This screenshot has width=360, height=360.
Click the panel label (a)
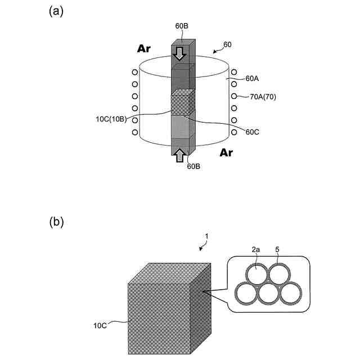56,11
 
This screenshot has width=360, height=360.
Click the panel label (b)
56,222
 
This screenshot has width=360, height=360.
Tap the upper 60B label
182,26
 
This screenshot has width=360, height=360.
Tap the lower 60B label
193,166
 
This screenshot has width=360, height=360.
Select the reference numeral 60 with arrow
227,44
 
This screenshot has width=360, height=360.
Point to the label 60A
252,79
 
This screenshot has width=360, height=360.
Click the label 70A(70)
263,97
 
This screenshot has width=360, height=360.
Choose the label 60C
252,132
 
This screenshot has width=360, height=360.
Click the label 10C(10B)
111,119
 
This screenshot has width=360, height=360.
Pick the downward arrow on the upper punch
179,54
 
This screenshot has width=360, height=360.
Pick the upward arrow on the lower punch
180,155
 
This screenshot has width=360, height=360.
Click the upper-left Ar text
144,49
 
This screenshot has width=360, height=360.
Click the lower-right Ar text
226,152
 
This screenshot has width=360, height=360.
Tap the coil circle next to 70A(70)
234,96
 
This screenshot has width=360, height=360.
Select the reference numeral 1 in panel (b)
206,236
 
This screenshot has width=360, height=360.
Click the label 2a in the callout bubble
256,250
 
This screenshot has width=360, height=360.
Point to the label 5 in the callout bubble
277,249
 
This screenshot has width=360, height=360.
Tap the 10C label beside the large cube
100,326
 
